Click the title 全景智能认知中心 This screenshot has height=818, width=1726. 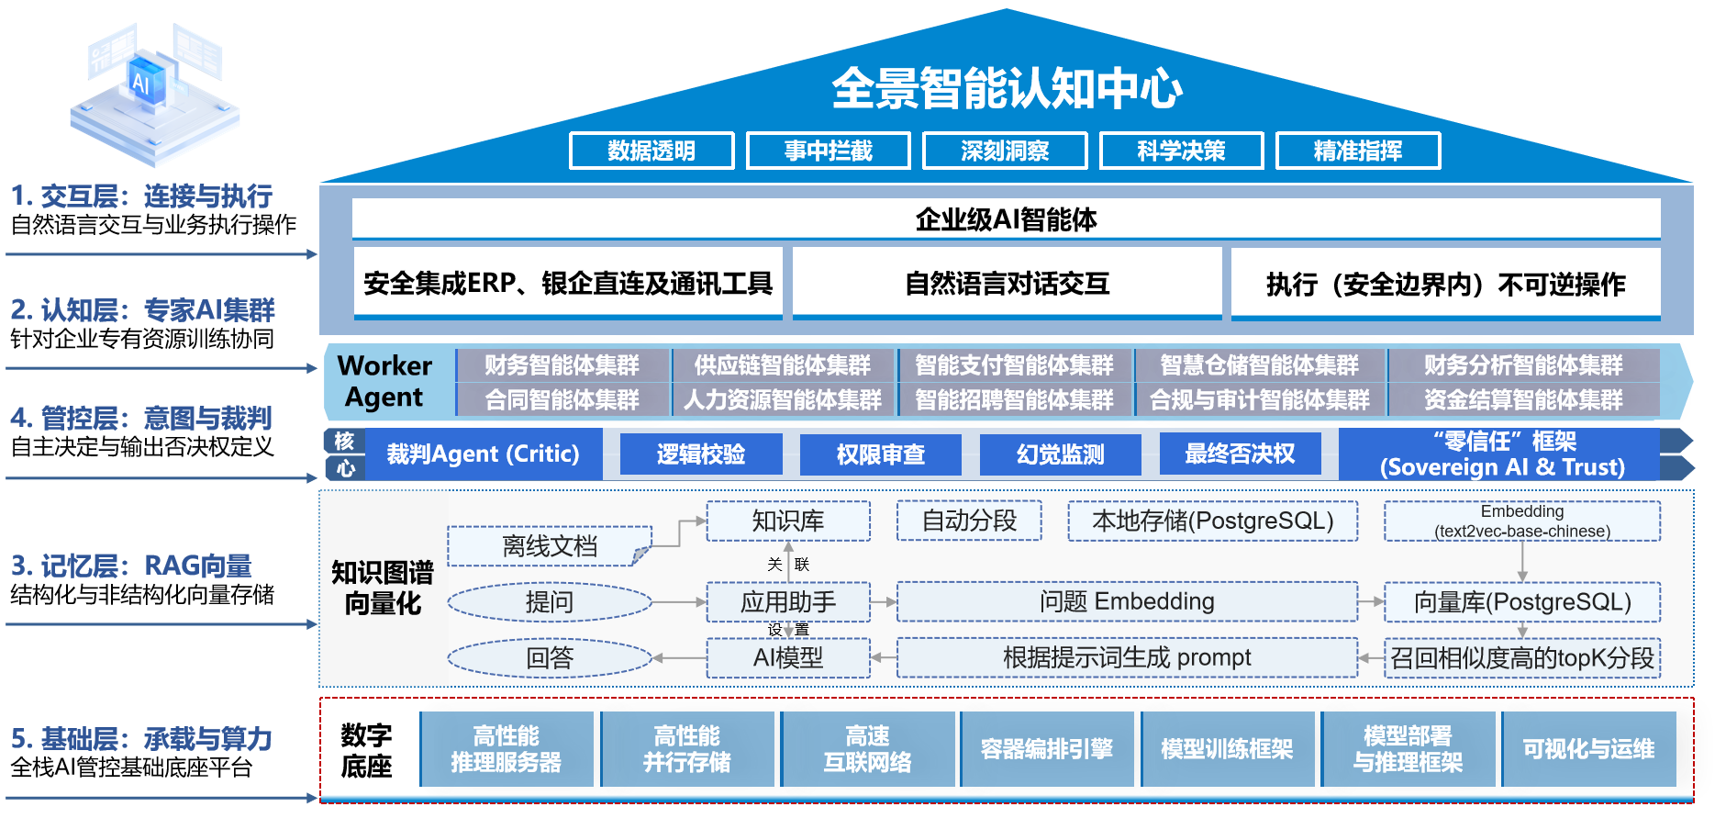coord(1006,88)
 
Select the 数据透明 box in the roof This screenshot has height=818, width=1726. coord(651,151)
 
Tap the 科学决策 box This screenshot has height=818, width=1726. coord(1181,151)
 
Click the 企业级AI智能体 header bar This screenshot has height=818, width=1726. coord(1006,219)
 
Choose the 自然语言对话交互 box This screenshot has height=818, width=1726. coord(1007,283)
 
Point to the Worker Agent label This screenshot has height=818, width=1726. coord(384,381)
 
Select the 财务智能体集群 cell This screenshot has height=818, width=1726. coord(562,365)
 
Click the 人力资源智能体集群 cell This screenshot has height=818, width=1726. coord(782,399)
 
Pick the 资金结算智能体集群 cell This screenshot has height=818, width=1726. coord(1523,399)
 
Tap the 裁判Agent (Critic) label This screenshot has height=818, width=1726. coord(483,454)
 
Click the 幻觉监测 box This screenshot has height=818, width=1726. coord(1060,454)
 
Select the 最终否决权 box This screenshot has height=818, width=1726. coord(1240,454)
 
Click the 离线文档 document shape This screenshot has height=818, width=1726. coord(549,546)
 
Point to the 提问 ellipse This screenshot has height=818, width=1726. coord(549,602)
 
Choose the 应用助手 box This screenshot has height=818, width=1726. coord(787,602)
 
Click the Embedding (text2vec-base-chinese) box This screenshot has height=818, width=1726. coord(1521,521)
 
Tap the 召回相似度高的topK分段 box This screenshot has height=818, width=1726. coord(1521,657)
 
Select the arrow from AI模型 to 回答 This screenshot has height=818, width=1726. coord(679,657)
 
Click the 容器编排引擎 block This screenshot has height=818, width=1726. coord(1046,749)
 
